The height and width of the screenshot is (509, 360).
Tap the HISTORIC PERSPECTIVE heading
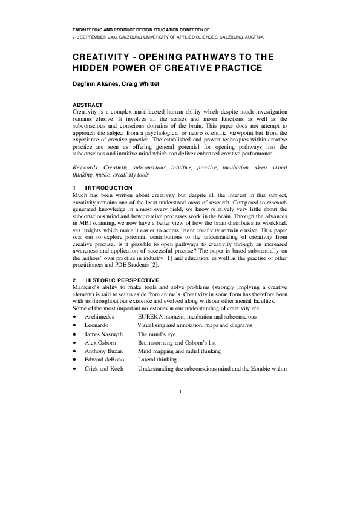click(x=123, y=280)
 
